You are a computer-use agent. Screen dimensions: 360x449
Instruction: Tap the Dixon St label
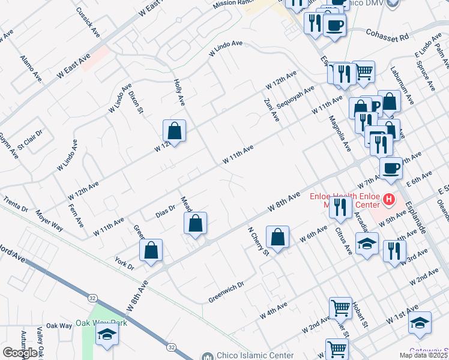click(x=137, y=102)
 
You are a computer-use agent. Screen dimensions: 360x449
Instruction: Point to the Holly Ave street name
click(x=178, y=92)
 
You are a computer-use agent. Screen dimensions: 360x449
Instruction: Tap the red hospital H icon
click(x=389, y=199)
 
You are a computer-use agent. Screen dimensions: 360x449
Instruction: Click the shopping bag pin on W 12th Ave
click(x=174, y=130)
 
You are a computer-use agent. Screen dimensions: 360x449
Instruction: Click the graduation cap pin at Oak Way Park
click(x=107, y=334)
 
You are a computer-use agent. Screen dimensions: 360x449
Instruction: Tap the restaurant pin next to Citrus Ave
click(x=340, y=207)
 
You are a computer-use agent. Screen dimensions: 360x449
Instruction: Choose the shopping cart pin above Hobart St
click(x=340, y=308)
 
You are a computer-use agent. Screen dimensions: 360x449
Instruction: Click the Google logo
click(x=20, y=353)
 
